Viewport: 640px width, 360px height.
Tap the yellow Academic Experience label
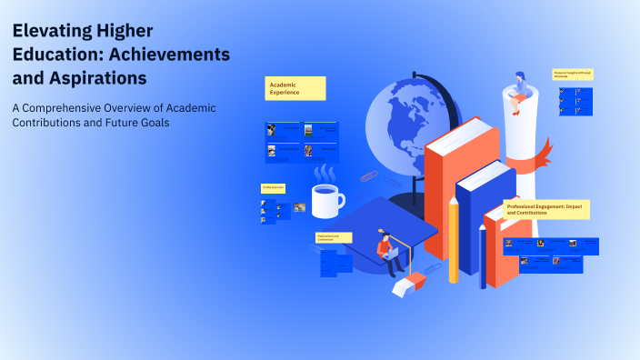coord(295,88)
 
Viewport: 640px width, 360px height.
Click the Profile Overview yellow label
coord(274,187)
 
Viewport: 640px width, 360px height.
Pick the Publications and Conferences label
coord(333,237)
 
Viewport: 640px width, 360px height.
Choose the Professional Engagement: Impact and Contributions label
coord(546,209)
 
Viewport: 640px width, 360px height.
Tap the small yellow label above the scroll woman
coord(573,74)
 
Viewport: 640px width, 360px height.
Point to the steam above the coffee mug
coord(325,173)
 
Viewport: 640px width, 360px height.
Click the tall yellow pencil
coord(453,240)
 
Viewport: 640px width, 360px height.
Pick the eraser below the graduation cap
coord(406,284)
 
